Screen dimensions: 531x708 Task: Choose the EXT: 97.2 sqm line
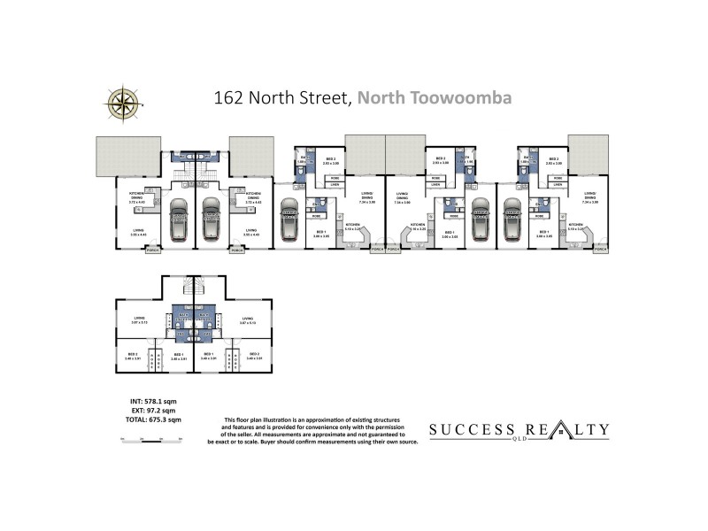point(149,410)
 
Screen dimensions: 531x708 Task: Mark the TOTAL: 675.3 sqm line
point(149,419)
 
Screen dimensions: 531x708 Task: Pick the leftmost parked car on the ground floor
point(180,219)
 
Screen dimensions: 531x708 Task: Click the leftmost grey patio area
point(122,157)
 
